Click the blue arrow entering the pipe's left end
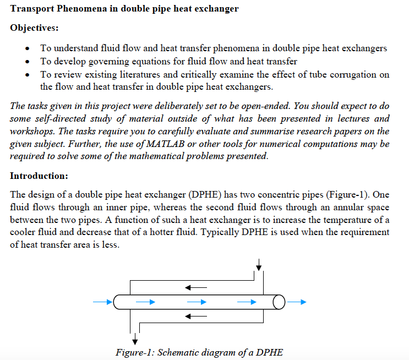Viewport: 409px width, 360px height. click(101, 302)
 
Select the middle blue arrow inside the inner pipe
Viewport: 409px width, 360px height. click(196, 302)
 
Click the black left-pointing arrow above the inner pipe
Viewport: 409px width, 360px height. click(195, 287)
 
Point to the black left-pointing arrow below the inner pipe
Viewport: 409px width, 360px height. click(195, 317)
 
